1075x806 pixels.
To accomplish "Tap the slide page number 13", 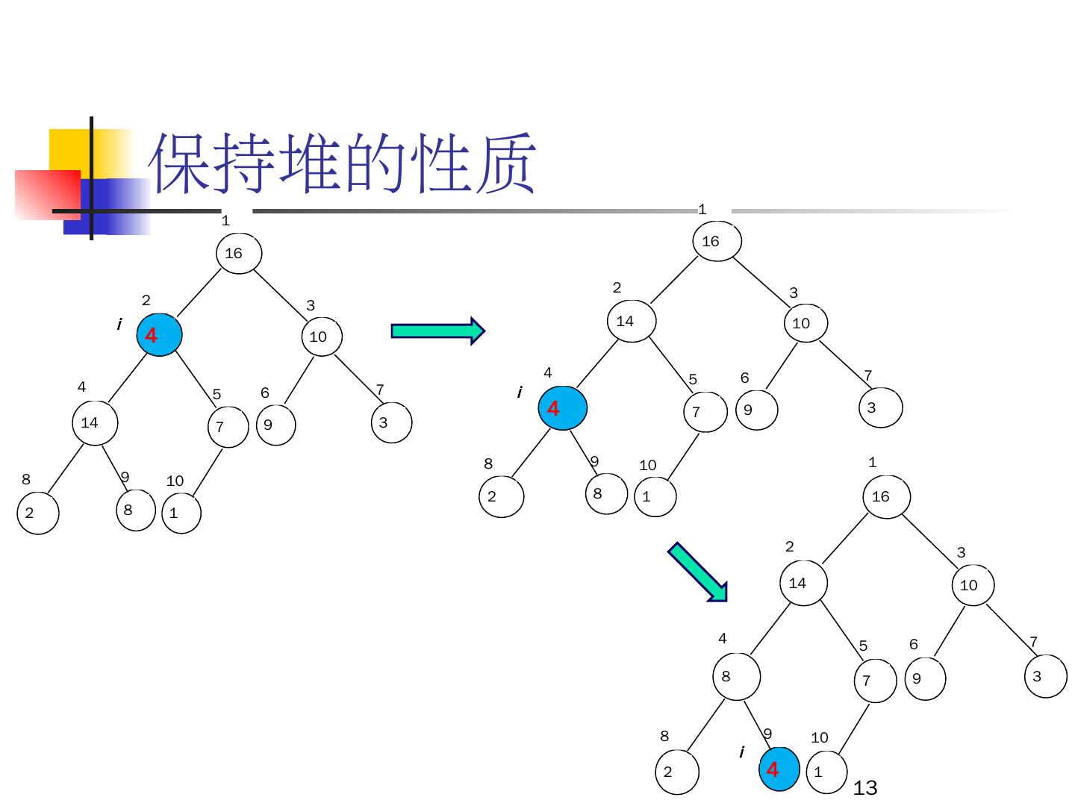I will pyautogui.click(x=864, y=788).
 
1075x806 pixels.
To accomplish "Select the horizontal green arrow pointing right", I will pyautogui.click(x=437, y=331).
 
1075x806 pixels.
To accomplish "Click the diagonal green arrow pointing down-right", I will pyautogui.click(x=697, y=572).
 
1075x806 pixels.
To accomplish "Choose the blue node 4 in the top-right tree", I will pyautogui.click(x=563, y=408).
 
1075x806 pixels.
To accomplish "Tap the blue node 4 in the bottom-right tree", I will pyautogui.click(x=779, y=769).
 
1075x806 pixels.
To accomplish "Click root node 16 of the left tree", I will pyautogui.click(x=239, y=253).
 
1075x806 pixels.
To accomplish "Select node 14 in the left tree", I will pyautogui.click(x=95, y=423).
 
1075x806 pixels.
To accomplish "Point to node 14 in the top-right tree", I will pyautogui.click(x=632, y=322).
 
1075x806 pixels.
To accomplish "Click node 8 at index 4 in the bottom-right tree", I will pyautogui.click(x=736, y=677).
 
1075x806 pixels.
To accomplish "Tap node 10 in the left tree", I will pyautogui.click(x=322, y=337).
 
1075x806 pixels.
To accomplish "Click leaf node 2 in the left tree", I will pyautogui.click(x=37, y=513).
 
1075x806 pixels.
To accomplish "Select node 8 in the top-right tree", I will pyautogui.click(x=606, y=493).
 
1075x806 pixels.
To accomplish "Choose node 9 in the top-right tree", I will pyautogui.click(x=756, y=410).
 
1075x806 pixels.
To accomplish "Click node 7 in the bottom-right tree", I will pyautogui.click(x=875, y=681).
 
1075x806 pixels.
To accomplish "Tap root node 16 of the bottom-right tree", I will pyautogui.click(x=886, y=496).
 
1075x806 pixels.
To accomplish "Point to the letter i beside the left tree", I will pyautogui.click(x=119, y=325).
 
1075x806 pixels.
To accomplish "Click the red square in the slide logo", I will pyautogui.click(x=47, y=194).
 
